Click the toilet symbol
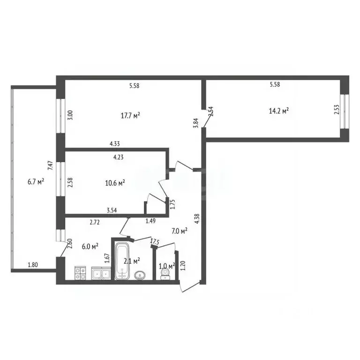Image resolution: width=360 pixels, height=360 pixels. coord(165,274)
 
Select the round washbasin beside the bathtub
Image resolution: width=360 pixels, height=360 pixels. coord(140,275)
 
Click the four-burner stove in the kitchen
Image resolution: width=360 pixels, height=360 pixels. coord(80,273)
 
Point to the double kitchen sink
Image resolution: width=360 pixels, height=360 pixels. coord(101,273)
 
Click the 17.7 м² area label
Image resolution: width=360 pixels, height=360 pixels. coord(130,115)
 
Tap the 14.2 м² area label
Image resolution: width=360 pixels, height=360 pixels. coord(279,111)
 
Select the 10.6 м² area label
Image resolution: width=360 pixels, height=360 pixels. coord(115,183)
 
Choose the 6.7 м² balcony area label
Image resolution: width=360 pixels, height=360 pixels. coord(36,182)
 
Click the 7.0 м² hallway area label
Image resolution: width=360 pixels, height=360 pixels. coord(180,231)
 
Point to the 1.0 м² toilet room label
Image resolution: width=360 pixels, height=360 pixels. coord(167,266)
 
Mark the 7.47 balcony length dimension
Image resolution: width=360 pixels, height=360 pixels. coord(50,165)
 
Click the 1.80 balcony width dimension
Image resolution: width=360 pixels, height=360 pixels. coord(33,265)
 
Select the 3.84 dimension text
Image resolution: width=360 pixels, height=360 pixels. coord(195,123)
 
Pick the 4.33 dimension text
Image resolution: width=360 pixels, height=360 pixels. coord(114,144)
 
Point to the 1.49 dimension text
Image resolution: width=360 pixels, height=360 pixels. coord(150,221)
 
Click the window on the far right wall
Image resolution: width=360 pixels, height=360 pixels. coord(345,112)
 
